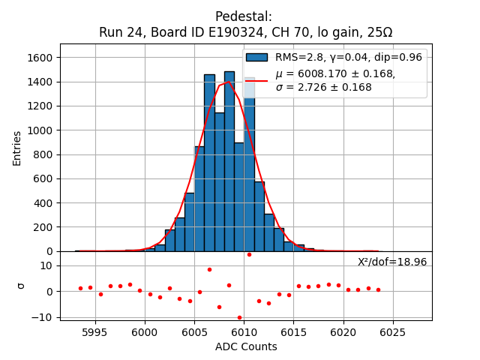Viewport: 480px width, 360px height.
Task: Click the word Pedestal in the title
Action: (243, 16)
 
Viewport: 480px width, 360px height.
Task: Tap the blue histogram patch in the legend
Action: (256, 58)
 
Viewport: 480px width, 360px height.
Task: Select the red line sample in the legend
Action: (256, 80)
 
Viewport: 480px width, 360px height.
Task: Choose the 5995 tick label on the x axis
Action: (94, 332)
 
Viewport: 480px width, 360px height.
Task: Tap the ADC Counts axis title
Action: (246, 346)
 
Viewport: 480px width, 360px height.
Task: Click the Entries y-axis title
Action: (16, 148)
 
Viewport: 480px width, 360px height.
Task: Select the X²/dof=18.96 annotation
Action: (392, 262)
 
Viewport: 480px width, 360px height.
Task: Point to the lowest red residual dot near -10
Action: (239, 317)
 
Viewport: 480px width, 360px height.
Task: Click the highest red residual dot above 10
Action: (249, 254)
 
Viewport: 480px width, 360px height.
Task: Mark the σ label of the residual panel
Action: (21, 286)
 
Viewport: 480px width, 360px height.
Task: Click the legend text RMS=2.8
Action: (300, 58)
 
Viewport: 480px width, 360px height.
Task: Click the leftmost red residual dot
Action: (80, 288)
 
